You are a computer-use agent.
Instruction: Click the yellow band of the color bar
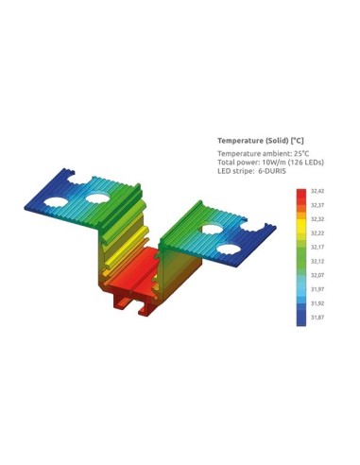pyautogui.click(x=300, y=228)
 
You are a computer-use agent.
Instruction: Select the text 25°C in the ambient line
pyautogui.click(x=300, y=152)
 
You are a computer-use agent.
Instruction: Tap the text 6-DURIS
pyautogui.click(x=278, y=171)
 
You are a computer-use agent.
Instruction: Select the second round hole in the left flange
pyautogui.click(x=96, y=198)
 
